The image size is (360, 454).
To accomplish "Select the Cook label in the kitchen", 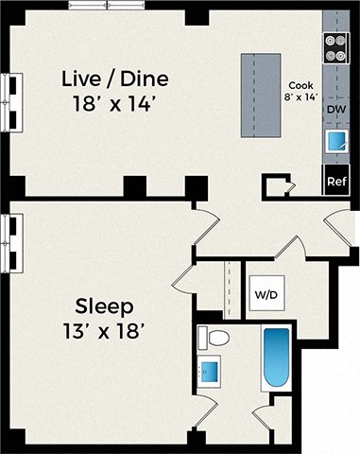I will coord(300,83).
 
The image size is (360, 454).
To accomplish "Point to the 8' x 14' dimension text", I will coord(300,95).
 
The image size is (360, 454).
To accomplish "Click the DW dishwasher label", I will coord(335,111).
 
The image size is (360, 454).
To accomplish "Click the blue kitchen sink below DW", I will coord(335,143).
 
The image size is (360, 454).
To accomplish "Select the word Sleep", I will coord(106,306).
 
